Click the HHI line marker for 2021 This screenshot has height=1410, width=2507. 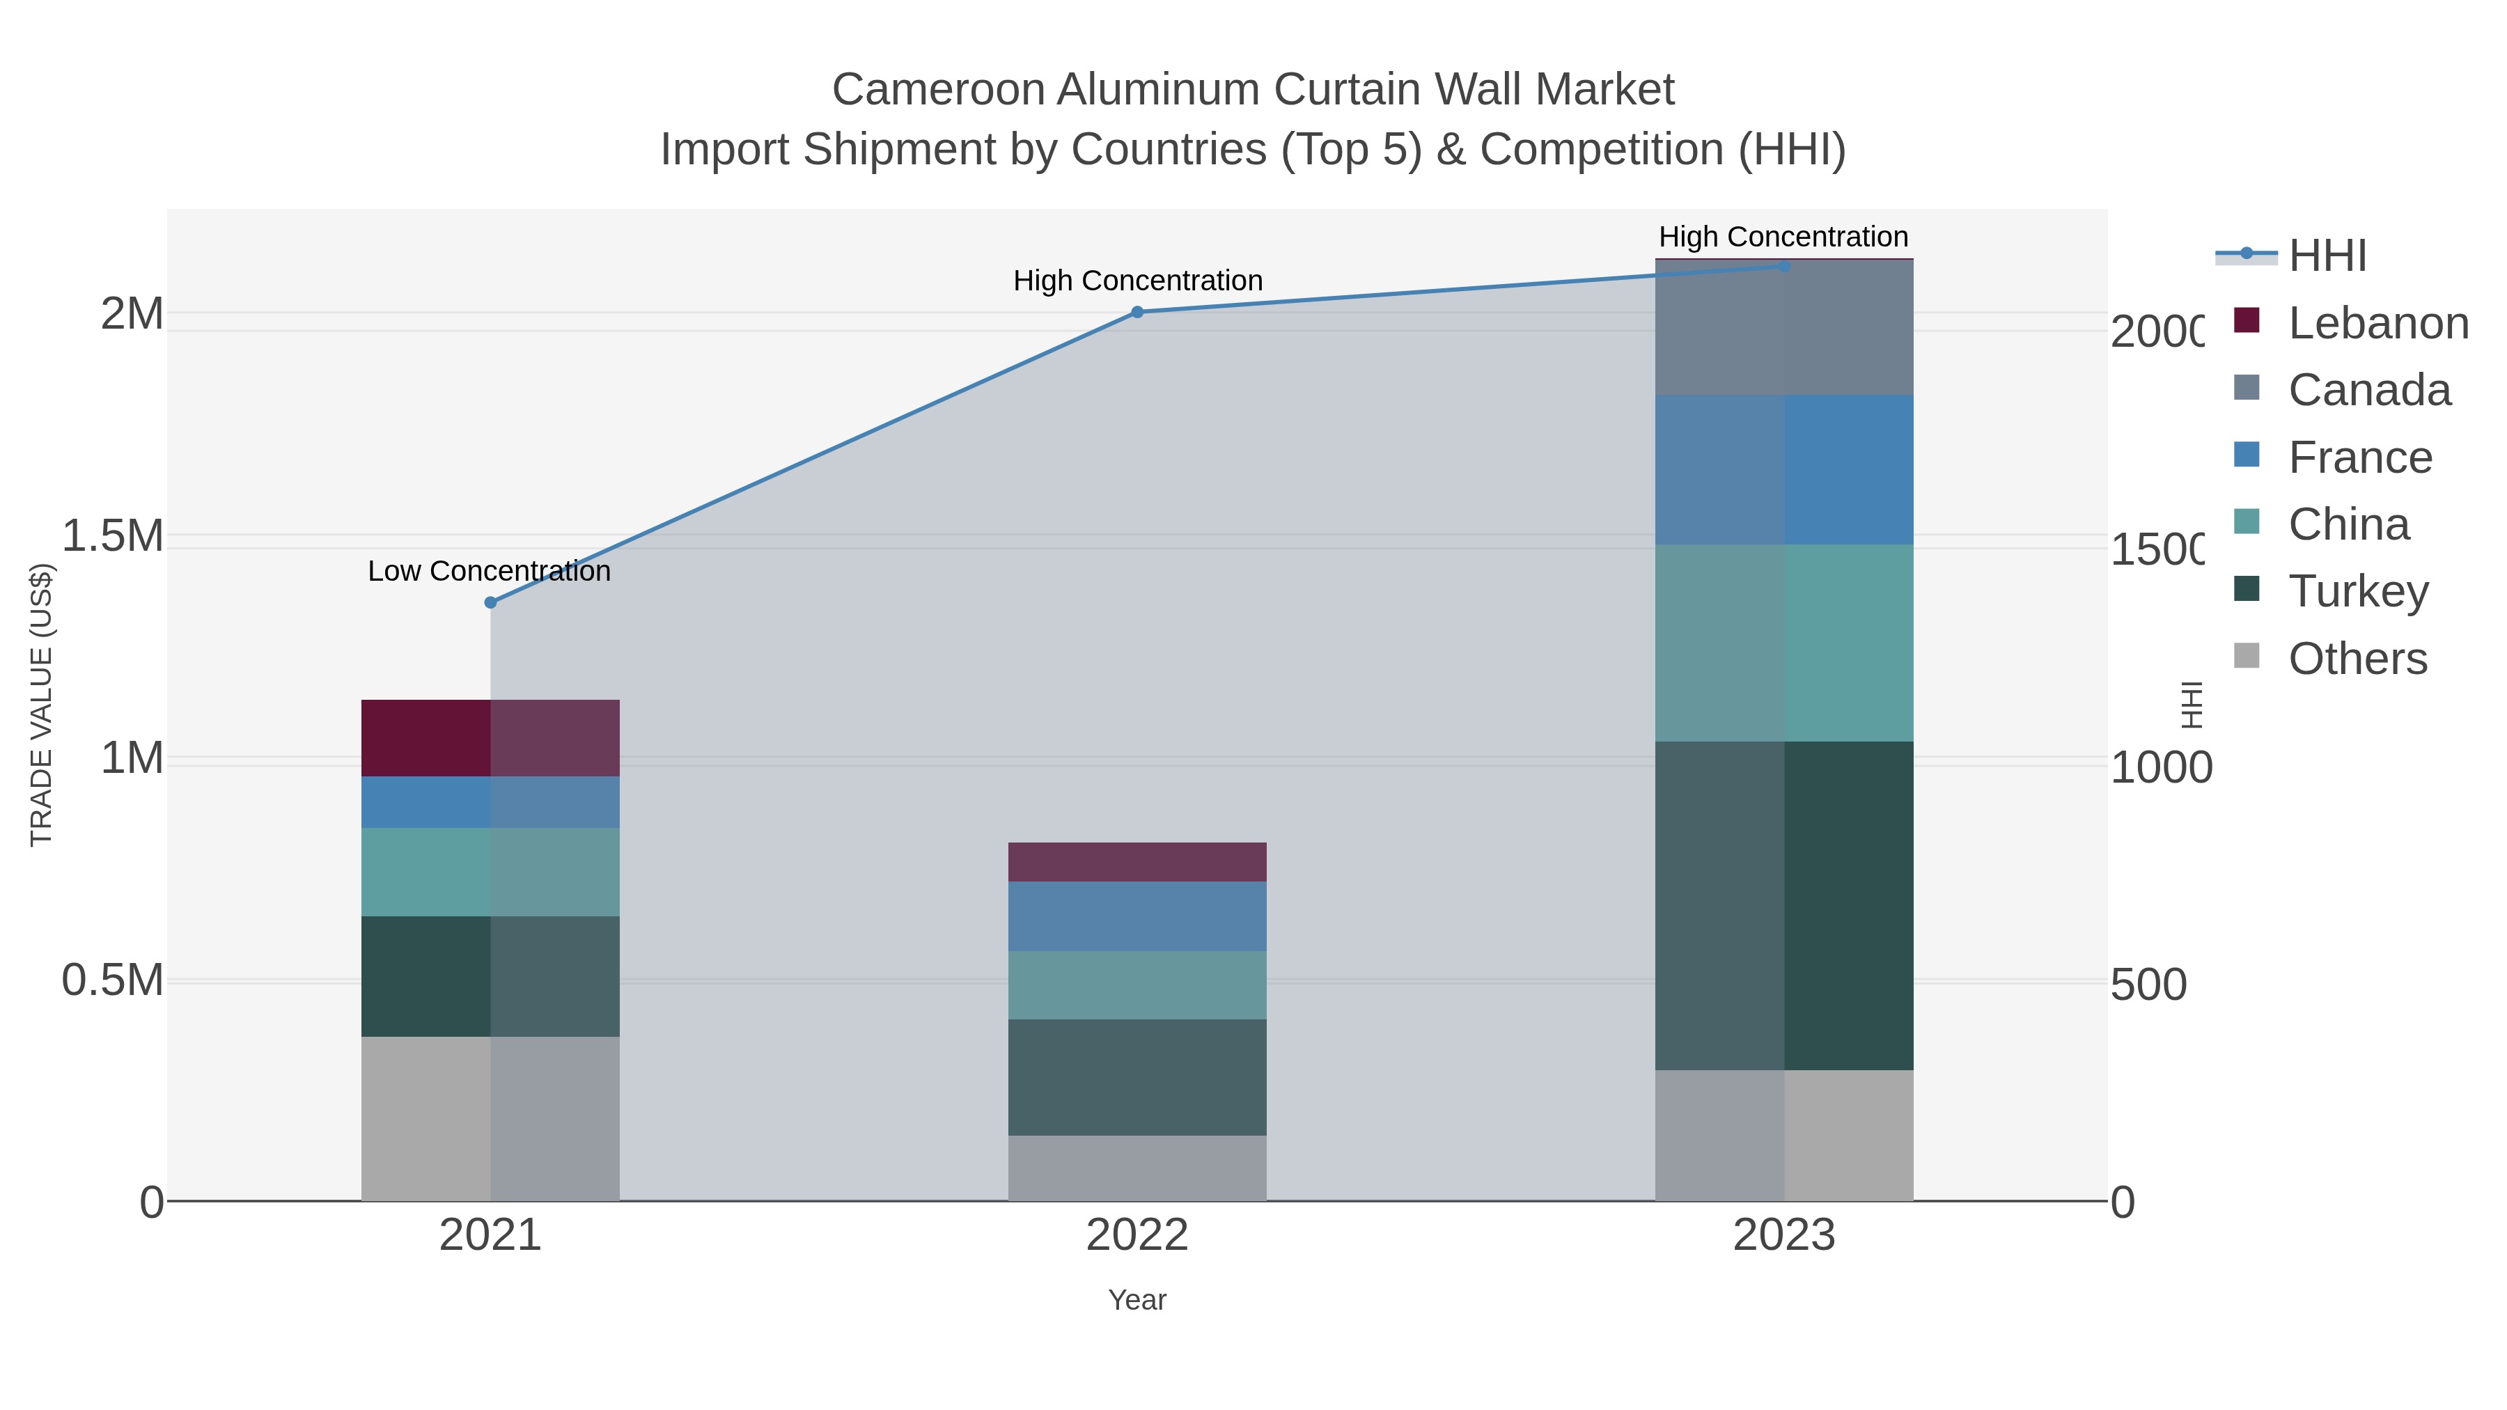tap(490, 602)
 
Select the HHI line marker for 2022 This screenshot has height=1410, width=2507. tap(1137, 313)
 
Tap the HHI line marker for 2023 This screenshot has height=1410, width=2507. tap(1784, 267)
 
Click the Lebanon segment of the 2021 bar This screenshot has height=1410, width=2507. tap(490, 737)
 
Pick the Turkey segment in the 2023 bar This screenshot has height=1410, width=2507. tap(1784, 905)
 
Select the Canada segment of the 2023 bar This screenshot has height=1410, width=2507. tap(1784, 328)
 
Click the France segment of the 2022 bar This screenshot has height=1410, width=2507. tap(1137, 916)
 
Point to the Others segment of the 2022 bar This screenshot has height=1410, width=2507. tap(1137, 1168)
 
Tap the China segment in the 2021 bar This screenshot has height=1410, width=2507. tap(490, 872)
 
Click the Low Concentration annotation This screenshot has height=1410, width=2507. tap(489, 571)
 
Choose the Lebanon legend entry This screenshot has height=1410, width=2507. tap(2377, 323)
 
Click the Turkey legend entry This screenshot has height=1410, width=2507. tap(2357, 592)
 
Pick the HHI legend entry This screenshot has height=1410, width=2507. tap(2326, 256)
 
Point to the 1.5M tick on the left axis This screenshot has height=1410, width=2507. tap(113, 536)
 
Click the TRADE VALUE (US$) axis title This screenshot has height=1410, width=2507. tap(41, 705)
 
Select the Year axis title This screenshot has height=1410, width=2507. tap(1137, 1300)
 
